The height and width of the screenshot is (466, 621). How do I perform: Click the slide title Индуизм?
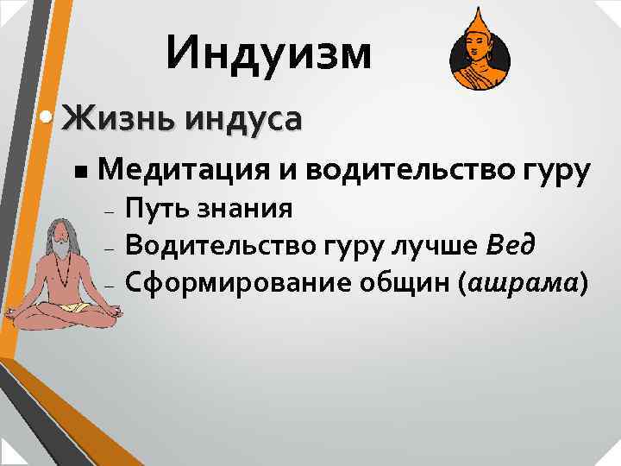coord(270,54)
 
